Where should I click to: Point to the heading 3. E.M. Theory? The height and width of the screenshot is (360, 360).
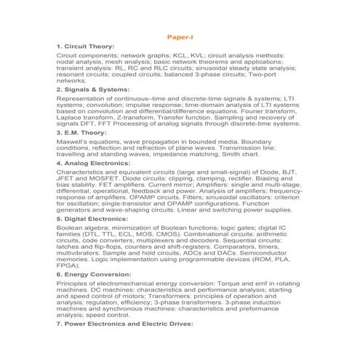(81, 133)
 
